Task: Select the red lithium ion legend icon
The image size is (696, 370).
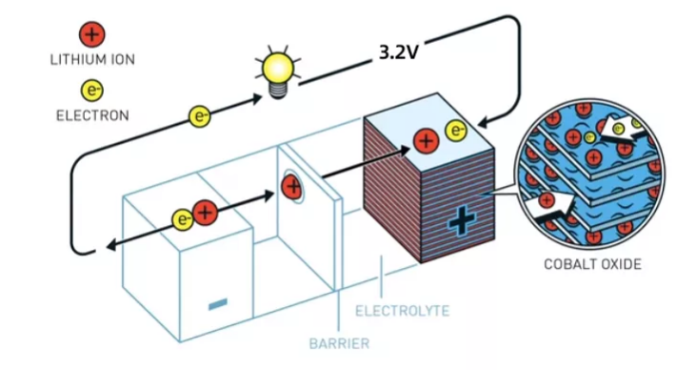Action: click(x=91, y=35)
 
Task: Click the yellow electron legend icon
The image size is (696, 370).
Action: click(x=91, y=91)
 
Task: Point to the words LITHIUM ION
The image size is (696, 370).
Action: click(x=91, y=59)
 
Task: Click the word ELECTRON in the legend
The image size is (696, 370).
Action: click(x=91, y=115)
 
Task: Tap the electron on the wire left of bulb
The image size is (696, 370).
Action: click(x=200, y=117)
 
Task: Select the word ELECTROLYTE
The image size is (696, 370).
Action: click(x=401, y=311)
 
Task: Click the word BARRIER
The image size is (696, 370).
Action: click(x=339, y=342)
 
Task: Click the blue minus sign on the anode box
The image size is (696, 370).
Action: click(x=218, y=304)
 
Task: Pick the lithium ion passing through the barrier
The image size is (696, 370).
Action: click(x=292, y=187)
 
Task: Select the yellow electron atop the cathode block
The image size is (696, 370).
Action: click(x=457, y=130)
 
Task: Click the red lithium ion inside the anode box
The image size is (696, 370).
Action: click(x=204, y=213)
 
